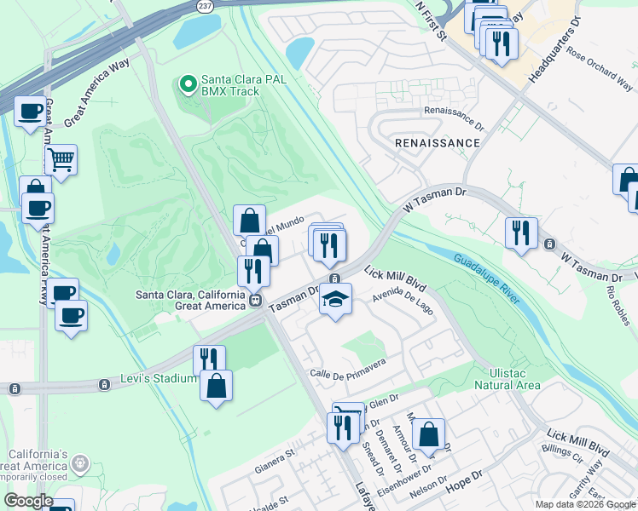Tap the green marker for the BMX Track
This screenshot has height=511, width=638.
[187, 84]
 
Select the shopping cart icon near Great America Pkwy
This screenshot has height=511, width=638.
[61, 159]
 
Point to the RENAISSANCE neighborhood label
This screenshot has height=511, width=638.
[438, 143]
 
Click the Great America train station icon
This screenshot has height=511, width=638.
[254, 300]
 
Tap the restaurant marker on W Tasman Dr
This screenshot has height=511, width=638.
[520, 233]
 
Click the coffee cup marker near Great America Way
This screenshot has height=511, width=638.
[31, 111]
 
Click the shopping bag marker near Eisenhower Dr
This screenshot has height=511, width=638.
[428, 434]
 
